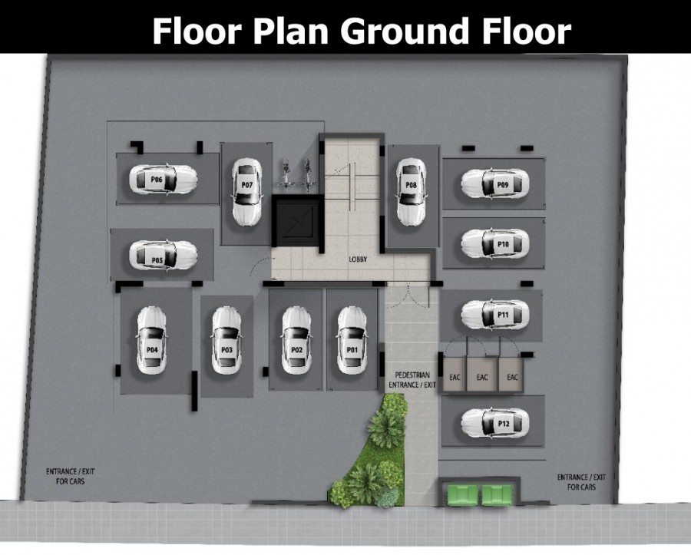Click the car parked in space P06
pos(163,180)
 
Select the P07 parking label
pos(247,185)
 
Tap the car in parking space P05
pos(163,255)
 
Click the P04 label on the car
pos(152,350)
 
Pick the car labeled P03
pos(226,341)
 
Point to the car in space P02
pos(296,341)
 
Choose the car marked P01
pos(352,341)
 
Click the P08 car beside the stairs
pos(412,192)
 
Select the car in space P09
pos(495,183)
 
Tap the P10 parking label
pos(503,243)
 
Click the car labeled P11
pos(495,315)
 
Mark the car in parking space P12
pos(495,423)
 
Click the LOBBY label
pos(358,259)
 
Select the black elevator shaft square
pos(299,221)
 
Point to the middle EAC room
pos(482,375)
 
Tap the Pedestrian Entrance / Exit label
pos(412,380)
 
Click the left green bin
pos(462,494)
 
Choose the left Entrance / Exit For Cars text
pos(70,476)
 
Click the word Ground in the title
pos(405,31)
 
